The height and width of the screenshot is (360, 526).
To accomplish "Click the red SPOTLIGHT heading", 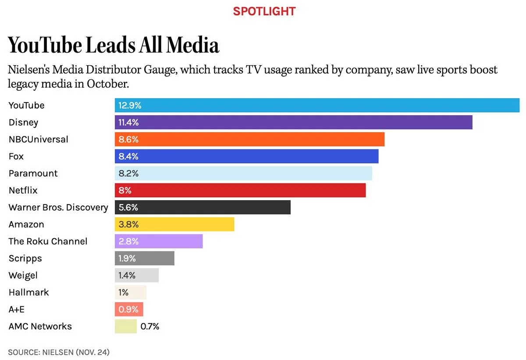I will point(264,11).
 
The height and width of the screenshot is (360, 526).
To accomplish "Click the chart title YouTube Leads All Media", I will point(114,45).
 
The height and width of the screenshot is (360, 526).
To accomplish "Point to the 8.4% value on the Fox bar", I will point(128,156).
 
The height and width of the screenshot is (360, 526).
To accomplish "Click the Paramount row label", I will point(33,173).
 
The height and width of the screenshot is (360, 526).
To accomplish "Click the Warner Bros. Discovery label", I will point(58,207).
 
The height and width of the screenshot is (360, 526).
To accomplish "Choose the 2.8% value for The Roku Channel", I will point(128,241).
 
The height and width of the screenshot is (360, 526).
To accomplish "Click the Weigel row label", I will point(23,275).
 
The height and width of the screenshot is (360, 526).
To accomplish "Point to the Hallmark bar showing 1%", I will point(131,292).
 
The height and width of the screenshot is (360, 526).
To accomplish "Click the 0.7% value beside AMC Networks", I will point(150,326).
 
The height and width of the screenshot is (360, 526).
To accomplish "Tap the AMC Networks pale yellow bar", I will point(126,326).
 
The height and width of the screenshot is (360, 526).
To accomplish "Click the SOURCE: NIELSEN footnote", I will point(59,352).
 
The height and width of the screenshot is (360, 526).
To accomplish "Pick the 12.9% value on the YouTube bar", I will point(130,106).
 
